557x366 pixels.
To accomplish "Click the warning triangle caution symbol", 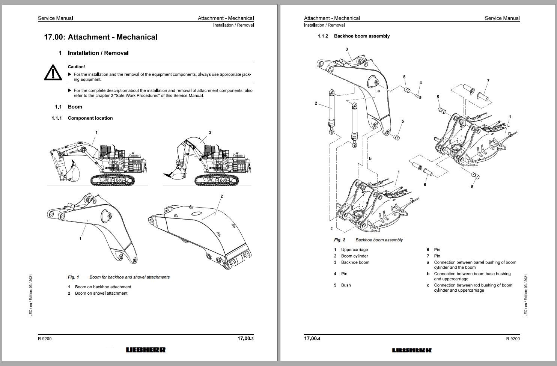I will tap(53, 72).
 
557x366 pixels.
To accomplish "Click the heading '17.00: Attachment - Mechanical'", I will tap(101, 37).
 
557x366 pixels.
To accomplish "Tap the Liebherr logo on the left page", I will tap(145, 350).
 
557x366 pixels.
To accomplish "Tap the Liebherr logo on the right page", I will tap(412, 350).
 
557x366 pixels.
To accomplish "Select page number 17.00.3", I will tap(245, 339).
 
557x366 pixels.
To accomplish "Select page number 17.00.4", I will tap(312, 339).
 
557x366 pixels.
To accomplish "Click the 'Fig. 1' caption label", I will tap(73, 277).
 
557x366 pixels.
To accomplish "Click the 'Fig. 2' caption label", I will tap(339, 240).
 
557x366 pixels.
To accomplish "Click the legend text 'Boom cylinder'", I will tap(354, 256).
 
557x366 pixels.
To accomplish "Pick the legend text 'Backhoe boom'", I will tap(355, 262).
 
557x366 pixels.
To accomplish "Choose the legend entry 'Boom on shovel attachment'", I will tap(101, 293).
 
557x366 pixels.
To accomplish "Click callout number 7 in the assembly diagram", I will tap(488, 81).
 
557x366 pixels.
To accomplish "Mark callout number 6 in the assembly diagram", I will tap(425, 184).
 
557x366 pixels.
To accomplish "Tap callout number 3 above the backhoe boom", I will tap(346, 49).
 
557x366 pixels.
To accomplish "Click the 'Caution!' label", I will tap(76, 67).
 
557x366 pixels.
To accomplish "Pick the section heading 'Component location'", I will tap(90, 118).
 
